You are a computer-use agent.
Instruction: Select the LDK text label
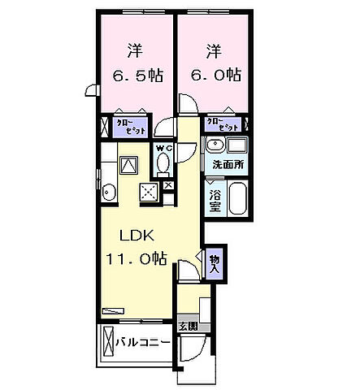click(136, 236)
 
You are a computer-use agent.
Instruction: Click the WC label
click(163, 149)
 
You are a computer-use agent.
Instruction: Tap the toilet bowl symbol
click(163, 165)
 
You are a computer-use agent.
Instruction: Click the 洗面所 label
click(228, 165)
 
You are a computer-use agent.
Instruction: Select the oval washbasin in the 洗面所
click(215, 147)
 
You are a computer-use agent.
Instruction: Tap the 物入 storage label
click(215, 262)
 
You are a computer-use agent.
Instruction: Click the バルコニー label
click(142, 342)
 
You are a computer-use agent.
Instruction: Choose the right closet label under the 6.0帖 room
click(223, 124)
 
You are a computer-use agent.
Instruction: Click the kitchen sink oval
click(108, 192)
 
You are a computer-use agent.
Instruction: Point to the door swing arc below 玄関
click(193, 351)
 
